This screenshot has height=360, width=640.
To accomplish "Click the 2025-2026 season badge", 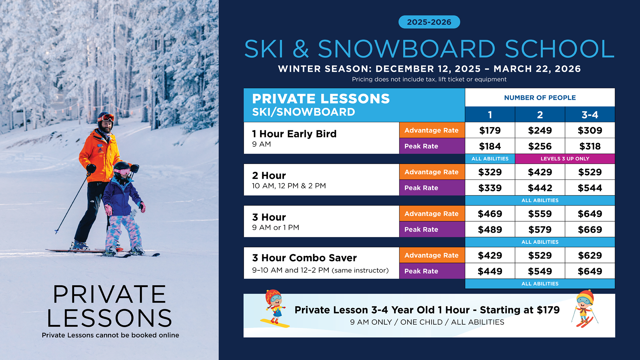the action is click(429, 22).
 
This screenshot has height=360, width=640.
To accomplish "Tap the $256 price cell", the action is click(540, 146).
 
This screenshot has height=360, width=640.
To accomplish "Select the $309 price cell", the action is click(590, 130).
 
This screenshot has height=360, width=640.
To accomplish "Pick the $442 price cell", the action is click(540, 188).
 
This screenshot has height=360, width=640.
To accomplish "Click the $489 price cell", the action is click(490, 229).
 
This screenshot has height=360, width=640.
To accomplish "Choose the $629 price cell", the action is click(590, 255).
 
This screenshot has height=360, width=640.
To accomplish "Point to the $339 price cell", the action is click(490, 188).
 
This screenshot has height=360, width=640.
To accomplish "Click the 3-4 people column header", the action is click(590, 115).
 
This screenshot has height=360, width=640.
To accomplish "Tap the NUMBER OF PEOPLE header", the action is click(540, 98).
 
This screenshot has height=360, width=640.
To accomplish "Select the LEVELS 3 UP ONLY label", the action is click(565, 159).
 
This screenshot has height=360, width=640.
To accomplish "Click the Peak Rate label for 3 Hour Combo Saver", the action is click(432, 271).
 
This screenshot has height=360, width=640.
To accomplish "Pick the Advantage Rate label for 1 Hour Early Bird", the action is click(432, 130).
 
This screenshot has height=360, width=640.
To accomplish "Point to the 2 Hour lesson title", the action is click(269, 176).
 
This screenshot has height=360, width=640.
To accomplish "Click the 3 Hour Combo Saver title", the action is click(304, 258).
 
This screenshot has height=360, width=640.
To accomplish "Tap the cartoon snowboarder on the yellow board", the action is click(274, 309).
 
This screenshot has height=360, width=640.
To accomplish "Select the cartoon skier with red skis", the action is click(585, 309).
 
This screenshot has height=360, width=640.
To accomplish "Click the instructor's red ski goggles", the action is click(107, 118).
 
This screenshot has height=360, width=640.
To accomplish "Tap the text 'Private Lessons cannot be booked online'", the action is click(110, 335).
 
